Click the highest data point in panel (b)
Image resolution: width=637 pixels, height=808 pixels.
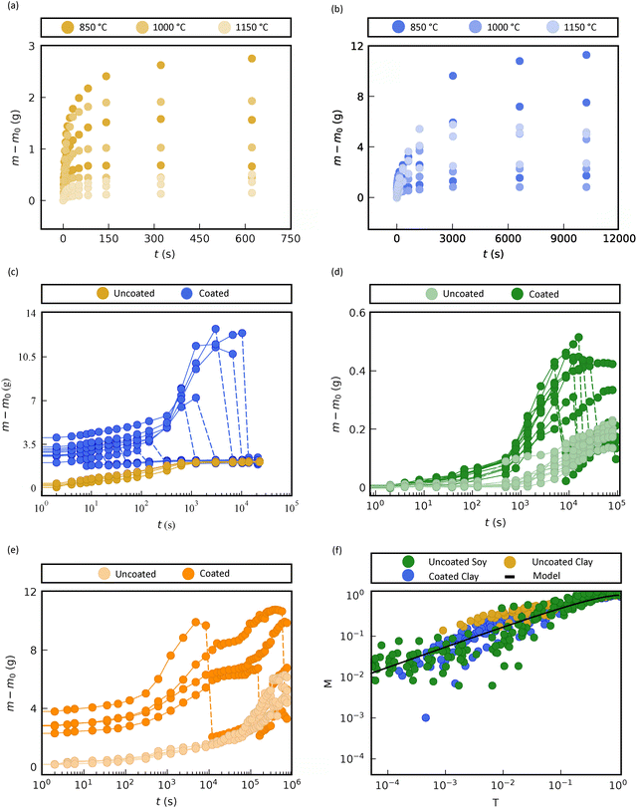[586, 56]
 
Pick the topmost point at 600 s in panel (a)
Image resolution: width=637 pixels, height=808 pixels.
[252, 59]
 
